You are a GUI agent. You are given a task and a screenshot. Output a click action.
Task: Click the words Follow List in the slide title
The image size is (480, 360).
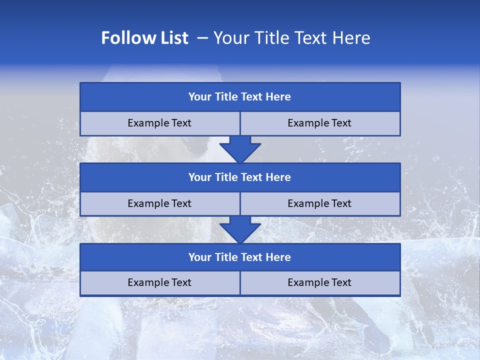[145, 38]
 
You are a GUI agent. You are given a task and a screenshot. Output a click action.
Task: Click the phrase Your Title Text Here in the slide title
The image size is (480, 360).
[291, 38]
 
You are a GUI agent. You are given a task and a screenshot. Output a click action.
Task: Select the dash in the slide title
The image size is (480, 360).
[202, 38]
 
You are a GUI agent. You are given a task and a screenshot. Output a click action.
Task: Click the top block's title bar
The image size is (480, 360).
[240, 97]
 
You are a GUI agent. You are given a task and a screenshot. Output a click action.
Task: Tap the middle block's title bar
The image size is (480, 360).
[240, 177]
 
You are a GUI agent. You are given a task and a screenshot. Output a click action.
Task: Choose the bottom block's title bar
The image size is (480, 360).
[240, 257]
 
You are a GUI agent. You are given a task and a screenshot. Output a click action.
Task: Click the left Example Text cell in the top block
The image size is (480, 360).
[159, 123]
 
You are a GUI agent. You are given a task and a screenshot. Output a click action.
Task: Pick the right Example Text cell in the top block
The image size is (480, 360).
[319, 123]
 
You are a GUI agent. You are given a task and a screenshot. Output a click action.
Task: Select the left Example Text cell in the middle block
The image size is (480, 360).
[159, 203]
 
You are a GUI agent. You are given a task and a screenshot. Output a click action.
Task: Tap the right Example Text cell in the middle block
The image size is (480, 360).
[319, 203]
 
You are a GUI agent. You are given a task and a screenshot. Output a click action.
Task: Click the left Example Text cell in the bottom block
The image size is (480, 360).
[159, 283]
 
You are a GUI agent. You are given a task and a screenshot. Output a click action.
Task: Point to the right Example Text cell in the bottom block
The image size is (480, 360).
[319, 283]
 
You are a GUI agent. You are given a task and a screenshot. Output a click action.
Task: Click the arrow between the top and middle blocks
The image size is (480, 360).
[240, 149]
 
